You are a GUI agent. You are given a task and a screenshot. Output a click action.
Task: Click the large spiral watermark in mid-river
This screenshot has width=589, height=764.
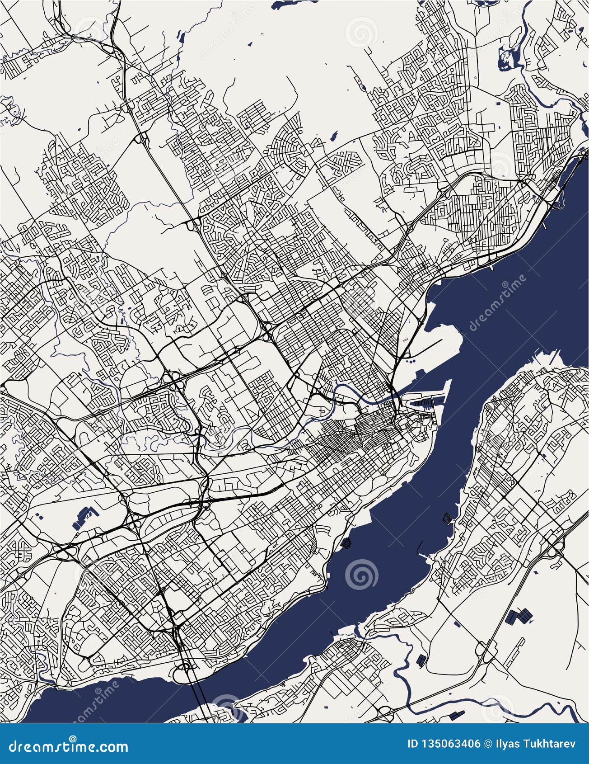[x=361, y=574]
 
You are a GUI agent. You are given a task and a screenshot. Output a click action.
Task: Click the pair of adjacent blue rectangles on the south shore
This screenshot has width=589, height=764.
[x=519, y=616]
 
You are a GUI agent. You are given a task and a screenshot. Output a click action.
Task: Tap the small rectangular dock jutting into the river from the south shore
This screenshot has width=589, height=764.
[x=447, y=518]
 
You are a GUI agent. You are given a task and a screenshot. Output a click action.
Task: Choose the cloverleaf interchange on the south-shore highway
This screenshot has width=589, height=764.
[x=556, y=549]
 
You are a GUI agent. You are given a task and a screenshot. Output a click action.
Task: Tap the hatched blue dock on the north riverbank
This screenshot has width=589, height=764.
[x=346, y=543]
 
